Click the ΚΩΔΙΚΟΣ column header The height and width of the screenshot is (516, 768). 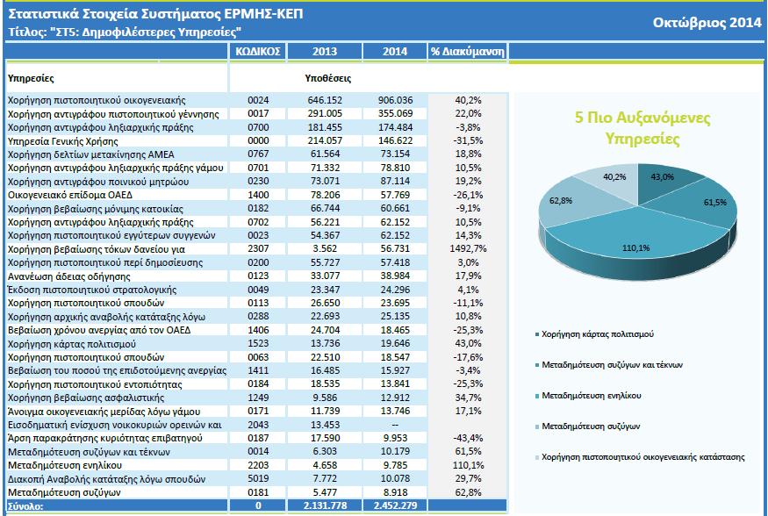[x=258, y=52]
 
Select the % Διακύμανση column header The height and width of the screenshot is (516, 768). [x=467, y=52]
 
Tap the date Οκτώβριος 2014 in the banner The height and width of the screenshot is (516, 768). [x=707, y=23]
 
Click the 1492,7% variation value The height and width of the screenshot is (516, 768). [x=468, y=248]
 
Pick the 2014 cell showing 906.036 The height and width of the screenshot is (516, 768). [x=395, y=100]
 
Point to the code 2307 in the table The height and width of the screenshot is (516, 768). [x=258, y=248]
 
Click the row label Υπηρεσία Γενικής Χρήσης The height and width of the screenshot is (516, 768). [x=63, y=141]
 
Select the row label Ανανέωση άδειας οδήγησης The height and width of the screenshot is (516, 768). [x=69, y=276]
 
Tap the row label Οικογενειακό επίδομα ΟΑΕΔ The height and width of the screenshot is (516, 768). [x=70, y=196]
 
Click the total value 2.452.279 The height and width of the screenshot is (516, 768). [x=395, y=505]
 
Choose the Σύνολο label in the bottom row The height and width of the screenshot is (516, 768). [x=25, y=506]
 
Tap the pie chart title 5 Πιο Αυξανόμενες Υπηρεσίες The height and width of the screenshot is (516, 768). [x=642, y=128]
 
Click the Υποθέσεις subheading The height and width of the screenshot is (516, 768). [x=327, y=78]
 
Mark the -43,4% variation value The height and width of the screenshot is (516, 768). [x=468, y=438]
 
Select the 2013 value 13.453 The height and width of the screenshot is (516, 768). [x=326, y=425]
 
